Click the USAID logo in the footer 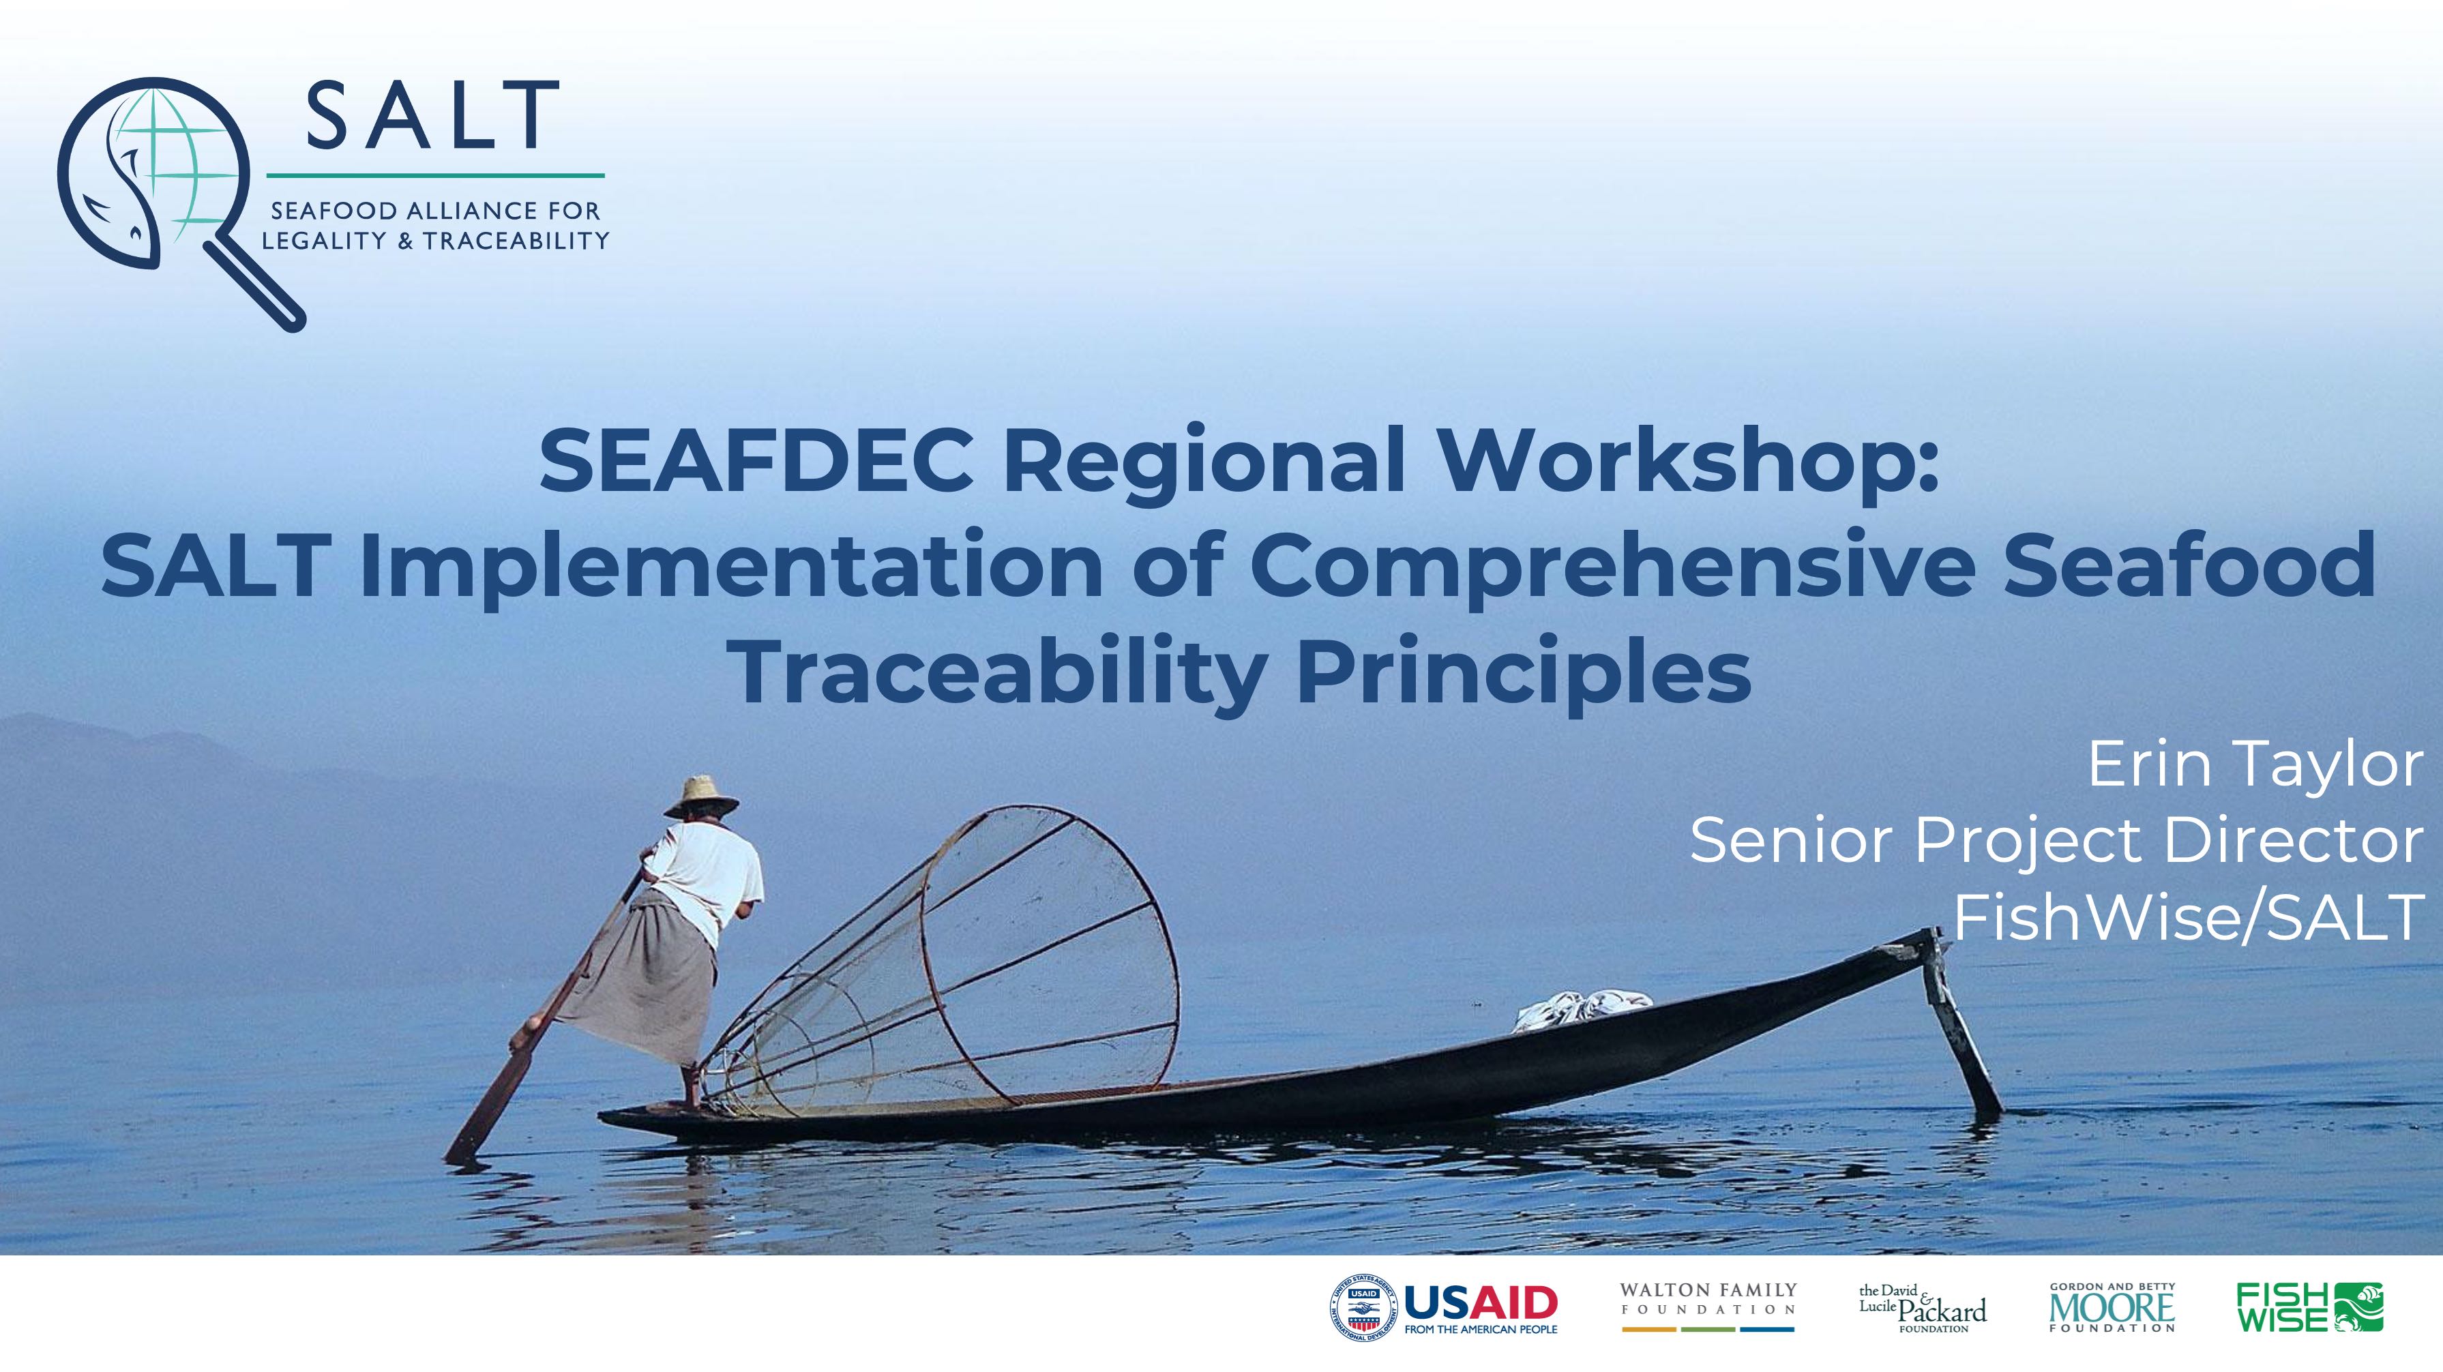tap(1443, 1309)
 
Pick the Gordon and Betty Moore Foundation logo tap(2112, 1307)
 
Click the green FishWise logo tap(2310, 1307)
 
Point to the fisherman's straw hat tap(701, 797)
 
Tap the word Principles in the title tap(1523, 673)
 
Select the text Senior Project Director tap(2056, 840)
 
